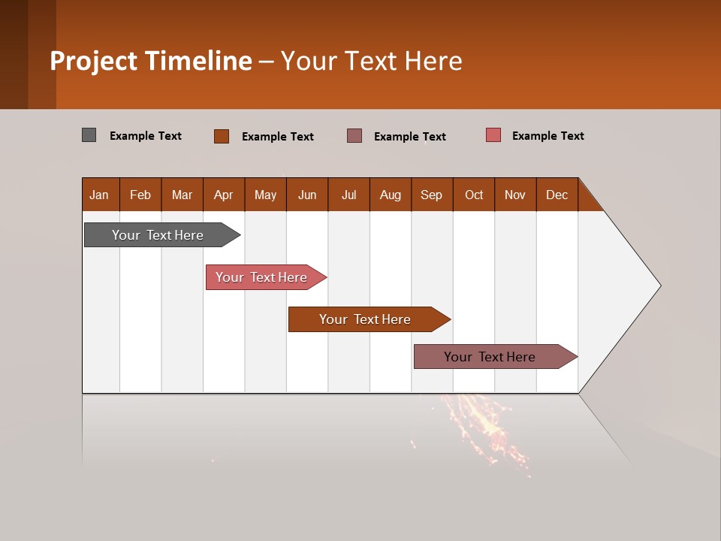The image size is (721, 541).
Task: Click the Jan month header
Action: point(100,195)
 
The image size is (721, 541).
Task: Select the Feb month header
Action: point(140,195)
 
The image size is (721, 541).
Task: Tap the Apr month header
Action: point(224,195)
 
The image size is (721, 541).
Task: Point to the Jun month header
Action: point(307,195)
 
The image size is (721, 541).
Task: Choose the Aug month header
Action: point(391,195)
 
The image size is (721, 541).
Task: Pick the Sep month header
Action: point(432,195)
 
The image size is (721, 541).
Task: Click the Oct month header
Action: point(474,195)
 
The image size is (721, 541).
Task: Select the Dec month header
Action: point(557,195)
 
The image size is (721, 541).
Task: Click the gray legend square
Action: point(89,135)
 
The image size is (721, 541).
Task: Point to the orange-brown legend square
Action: point(222,136)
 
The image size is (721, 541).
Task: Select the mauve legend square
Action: point(354,135)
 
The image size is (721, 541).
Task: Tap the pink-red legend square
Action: point(493,135)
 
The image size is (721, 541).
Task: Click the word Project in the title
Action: point(94,61)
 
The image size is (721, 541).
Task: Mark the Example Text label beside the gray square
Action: point(146,136)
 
